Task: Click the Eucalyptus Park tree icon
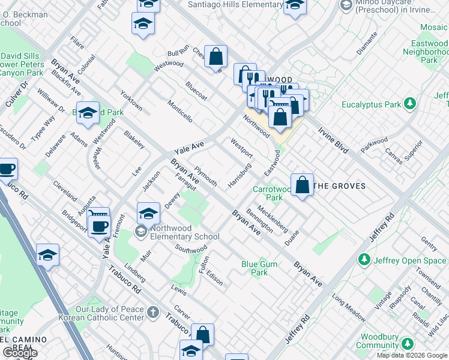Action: tap(411, 104)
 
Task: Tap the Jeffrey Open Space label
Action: tap(409, 260)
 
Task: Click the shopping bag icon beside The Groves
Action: tap(303, 185)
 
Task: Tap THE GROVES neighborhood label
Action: tap(340, 186)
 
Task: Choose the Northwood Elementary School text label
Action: tap(185, 232)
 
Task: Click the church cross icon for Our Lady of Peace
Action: tap(152, 312)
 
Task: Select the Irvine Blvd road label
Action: tap(333, 139)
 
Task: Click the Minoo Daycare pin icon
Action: tap(346, 5)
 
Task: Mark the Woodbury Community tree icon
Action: tap(408, 344)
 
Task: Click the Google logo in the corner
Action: tap(19, 353)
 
